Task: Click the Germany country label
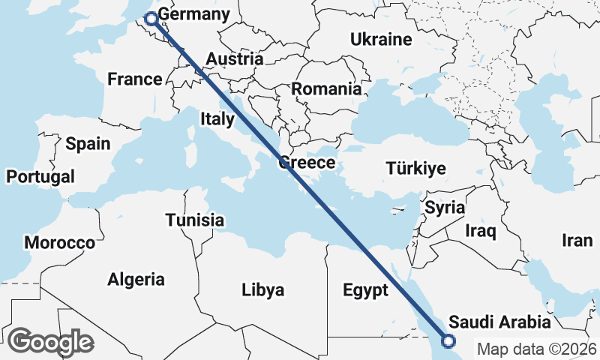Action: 194,15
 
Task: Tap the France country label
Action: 135,79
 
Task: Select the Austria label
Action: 234,59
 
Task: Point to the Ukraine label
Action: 382,40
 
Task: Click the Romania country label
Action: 326,88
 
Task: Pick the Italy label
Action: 217,118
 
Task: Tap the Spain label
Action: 88,144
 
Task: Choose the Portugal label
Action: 40,177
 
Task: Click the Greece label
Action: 306,163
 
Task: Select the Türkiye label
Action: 415,168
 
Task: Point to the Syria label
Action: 445,207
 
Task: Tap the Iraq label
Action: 481,231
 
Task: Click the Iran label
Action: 577,240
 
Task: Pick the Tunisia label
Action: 195,220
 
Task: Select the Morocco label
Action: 60,243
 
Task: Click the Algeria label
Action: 136,280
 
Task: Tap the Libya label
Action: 263,289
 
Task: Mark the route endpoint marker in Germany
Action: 151,19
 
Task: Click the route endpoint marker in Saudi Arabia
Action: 448,341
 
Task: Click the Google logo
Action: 50,342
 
